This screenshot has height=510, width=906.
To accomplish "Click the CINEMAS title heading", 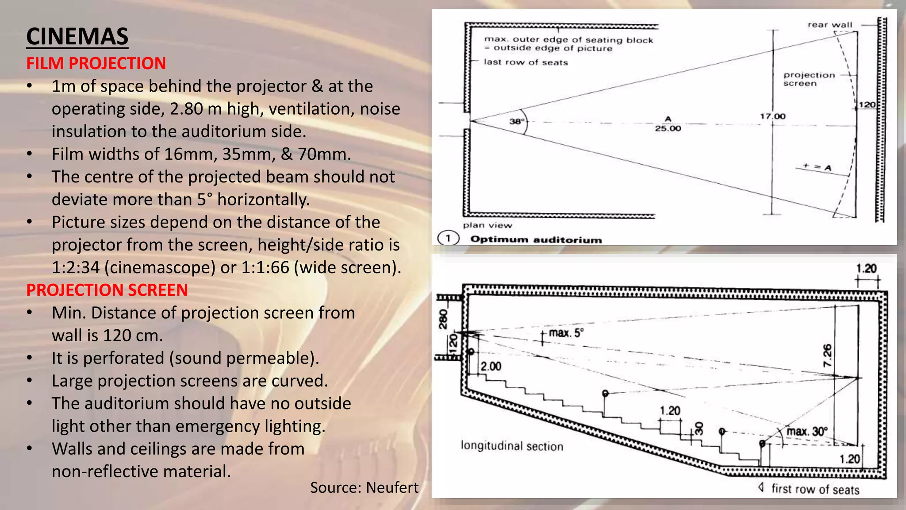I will (x=77, y=36).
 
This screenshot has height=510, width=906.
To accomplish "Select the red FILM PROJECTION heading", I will (x=96, y=63).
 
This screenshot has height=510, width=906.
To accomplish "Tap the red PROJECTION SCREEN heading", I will (x=107, y=290).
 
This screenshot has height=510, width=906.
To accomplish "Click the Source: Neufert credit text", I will (x=364, y=487).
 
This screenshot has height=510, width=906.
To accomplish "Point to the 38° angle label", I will (x=516, y=121).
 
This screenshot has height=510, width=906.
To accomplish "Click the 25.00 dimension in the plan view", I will (x=668, y=128).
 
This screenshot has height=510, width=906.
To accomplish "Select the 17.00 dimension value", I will (x=772, y=116).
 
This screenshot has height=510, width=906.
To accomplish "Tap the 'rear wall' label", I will (x=829, y=25).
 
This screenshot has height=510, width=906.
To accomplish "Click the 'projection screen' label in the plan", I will (x=809, y=79).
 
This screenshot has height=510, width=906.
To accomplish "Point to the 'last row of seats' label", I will (x=526, y=62).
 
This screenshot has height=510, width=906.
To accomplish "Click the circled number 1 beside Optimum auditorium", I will (x=448, y=239).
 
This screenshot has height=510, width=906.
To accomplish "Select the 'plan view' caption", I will (x=487, y=225).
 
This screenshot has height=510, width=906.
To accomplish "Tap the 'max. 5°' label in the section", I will (x=566, y=332).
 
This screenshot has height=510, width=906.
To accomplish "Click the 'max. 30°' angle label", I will (x=806, y=431).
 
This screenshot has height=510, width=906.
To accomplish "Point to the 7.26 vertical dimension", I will (x=827, y=355).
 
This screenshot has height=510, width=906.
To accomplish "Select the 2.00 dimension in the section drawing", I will (x=491, y=367).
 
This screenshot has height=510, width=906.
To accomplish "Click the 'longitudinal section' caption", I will (x=512, y=446).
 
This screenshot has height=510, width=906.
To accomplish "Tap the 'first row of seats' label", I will (x=815, y=489).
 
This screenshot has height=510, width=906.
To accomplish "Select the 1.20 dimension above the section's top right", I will (x=866, y=269).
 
